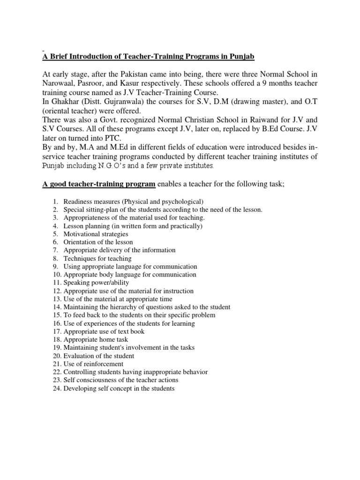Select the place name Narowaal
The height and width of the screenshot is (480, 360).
[59, 82]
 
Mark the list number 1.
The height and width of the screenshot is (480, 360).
[54, 202]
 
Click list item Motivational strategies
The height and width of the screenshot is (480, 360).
[96, 234]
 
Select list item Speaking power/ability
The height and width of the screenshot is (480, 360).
[96, 283]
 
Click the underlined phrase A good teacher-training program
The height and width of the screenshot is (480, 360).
[99, 185]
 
